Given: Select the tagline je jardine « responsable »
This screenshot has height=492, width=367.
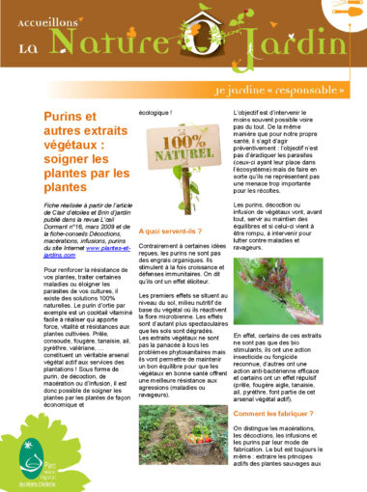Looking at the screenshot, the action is pyautogui.click(x=290, y=89).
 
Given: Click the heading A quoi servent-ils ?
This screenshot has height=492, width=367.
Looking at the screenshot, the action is pyautogui.click(x=171, y=232).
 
